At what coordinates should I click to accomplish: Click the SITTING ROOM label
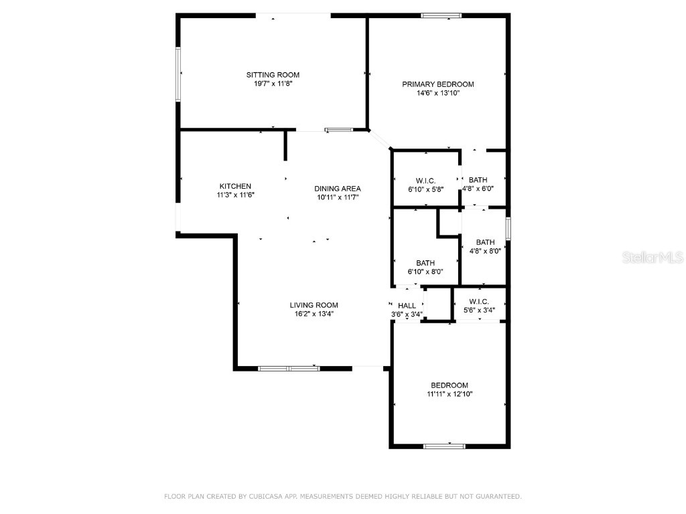coord(273,75)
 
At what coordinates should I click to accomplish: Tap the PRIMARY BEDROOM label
coord(437,84)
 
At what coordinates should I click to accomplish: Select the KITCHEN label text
coord(235,186)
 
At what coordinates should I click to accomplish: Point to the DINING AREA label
coord(338,189)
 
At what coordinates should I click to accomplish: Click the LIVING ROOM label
coord(314,305)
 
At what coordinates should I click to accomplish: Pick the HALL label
coord(407,306)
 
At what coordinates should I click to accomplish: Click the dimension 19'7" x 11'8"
coord(273,84)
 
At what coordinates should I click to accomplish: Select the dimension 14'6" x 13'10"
coord(437,94)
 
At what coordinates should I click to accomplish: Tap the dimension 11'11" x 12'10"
coord(449,395)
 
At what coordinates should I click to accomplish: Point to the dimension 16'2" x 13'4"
coord(314,313)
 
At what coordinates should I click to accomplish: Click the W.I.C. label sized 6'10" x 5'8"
coord(425,181)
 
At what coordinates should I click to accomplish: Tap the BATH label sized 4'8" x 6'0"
coord(478,180)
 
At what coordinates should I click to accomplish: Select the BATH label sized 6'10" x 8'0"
coord(425,263)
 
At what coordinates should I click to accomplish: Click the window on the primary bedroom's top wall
coord(441,15)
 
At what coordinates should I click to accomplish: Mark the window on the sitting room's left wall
coord(178,74)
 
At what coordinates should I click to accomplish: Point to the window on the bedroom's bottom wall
coord(444,446)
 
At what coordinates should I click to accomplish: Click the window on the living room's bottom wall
coord(289,368)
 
